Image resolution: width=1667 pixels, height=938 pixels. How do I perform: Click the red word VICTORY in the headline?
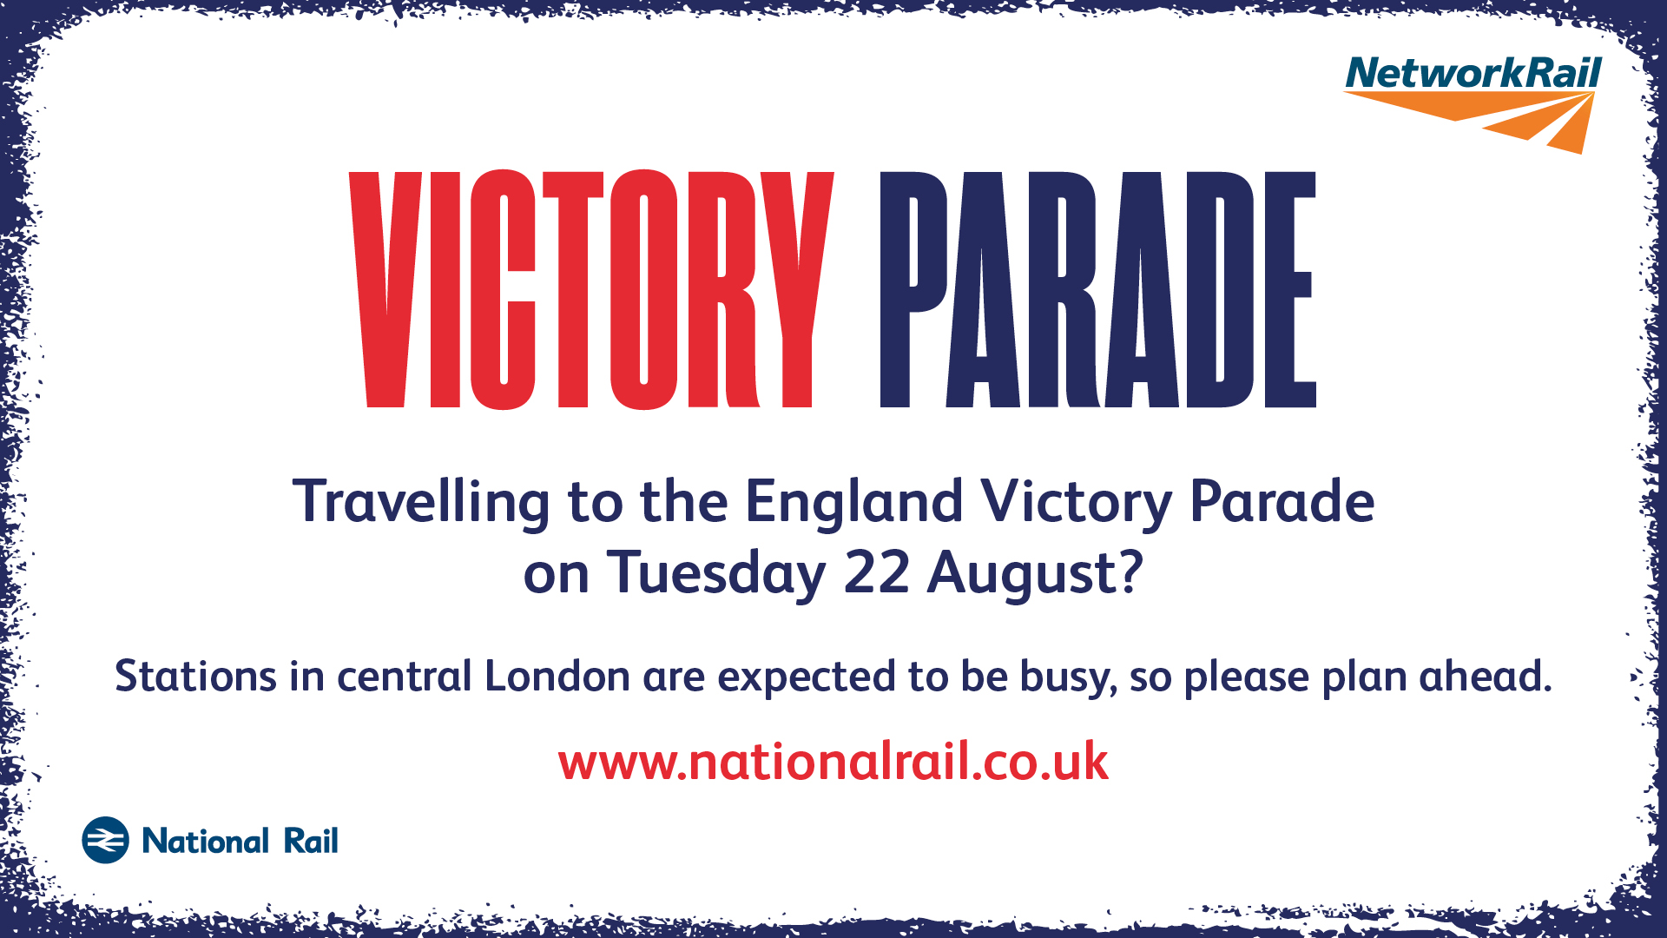(x=591, y=289)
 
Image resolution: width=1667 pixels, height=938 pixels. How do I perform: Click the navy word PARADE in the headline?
(x=1097, y=289)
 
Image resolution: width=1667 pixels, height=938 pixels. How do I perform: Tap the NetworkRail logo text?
(x=1473, y=73)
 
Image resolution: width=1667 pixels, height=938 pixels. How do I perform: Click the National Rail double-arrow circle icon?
(x=105, y=840)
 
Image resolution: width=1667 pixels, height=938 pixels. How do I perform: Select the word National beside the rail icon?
(x=206, y=841)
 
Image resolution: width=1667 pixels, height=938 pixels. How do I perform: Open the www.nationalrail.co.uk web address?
(x=833, y=762)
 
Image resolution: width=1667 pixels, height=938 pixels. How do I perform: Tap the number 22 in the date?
(x=876, y=573)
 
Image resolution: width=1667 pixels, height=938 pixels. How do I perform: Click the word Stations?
(x=196, y=676)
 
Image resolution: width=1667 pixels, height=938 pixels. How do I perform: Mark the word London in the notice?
(x=557, y=676)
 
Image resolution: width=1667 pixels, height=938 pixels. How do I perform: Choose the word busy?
(x=1069, y=678)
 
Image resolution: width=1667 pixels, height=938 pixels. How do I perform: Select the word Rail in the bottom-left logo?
(x=311, y=841)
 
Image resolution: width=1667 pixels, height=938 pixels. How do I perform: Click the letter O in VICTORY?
(x=643, y=289)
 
